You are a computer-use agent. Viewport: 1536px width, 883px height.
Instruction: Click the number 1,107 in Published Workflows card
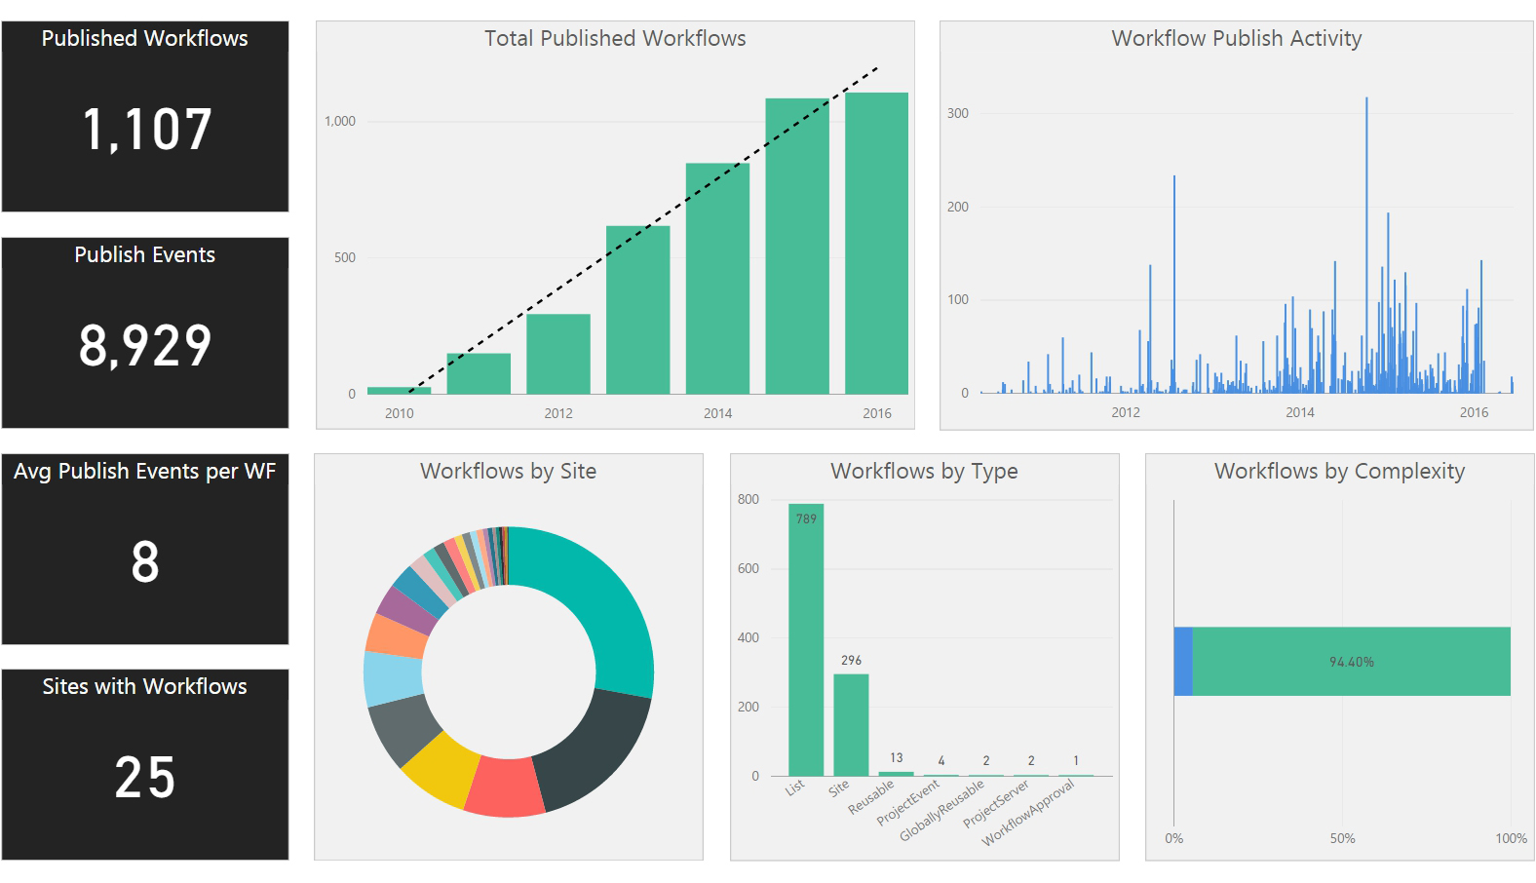pos(146,130)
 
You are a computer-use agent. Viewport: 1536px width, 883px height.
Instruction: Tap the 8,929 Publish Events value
pos(145,346)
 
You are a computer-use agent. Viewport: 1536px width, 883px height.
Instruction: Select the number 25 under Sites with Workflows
pos(145,779)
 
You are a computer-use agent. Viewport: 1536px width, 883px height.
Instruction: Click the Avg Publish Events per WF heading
pos(145,472)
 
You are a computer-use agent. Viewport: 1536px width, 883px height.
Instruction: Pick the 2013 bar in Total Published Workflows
pos(637,312)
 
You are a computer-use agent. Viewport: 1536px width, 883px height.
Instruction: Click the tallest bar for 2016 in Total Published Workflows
pos(876,244)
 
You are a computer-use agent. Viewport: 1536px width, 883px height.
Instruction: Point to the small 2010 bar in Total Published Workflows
pos(399,391)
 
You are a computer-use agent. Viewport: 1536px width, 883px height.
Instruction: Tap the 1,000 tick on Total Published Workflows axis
pos(340,122)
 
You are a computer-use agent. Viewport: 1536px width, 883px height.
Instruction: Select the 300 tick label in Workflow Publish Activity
pos(958,113)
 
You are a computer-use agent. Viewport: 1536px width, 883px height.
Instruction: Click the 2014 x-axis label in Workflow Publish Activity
pos(1299,412)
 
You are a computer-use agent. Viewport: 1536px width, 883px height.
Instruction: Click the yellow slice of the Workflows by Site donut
pos(439,766)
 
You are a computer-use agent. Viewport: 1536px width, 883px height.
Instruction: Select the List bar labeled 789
pos(806,643)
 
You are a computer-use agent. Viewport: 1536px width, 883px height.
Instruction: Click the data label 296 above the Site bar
pos(851,660)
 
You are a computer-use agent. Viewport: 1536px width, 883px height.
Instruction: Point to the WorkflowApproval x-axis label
pos(1029,813)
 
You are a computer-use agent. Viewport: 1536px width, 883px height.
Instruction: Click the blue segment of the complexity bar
pos(1183,662)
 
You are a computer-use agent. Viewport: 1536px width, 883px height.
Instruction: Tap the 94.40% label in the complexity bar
pos(1351,662)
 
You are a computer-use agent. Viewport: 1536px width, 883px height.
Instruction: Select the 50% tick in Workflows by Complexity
pos(1342,838)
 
